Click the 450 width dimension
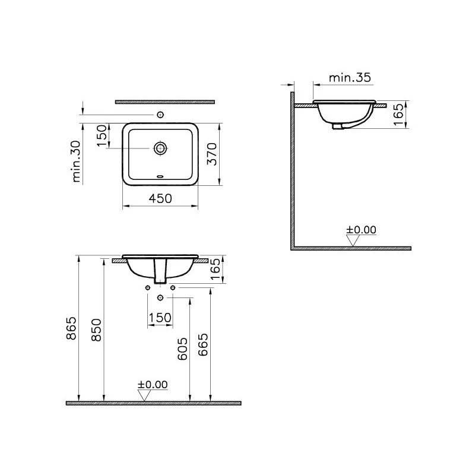(x=160, y=198)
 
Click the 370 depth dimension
(x=212, y=154)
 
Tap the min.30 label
(x=77, y=161)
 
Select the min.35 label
(x=350, y=78)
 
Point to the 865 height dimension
(x=71, y=328)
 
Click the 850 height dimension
(x=96, y=330)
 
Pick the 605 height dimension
(x=182, y=349)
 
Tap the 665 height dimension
(x=203, y=344)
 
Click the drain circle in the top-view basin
(x=160, y=148)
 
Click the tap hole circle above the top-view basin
(x=160, y=115)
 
